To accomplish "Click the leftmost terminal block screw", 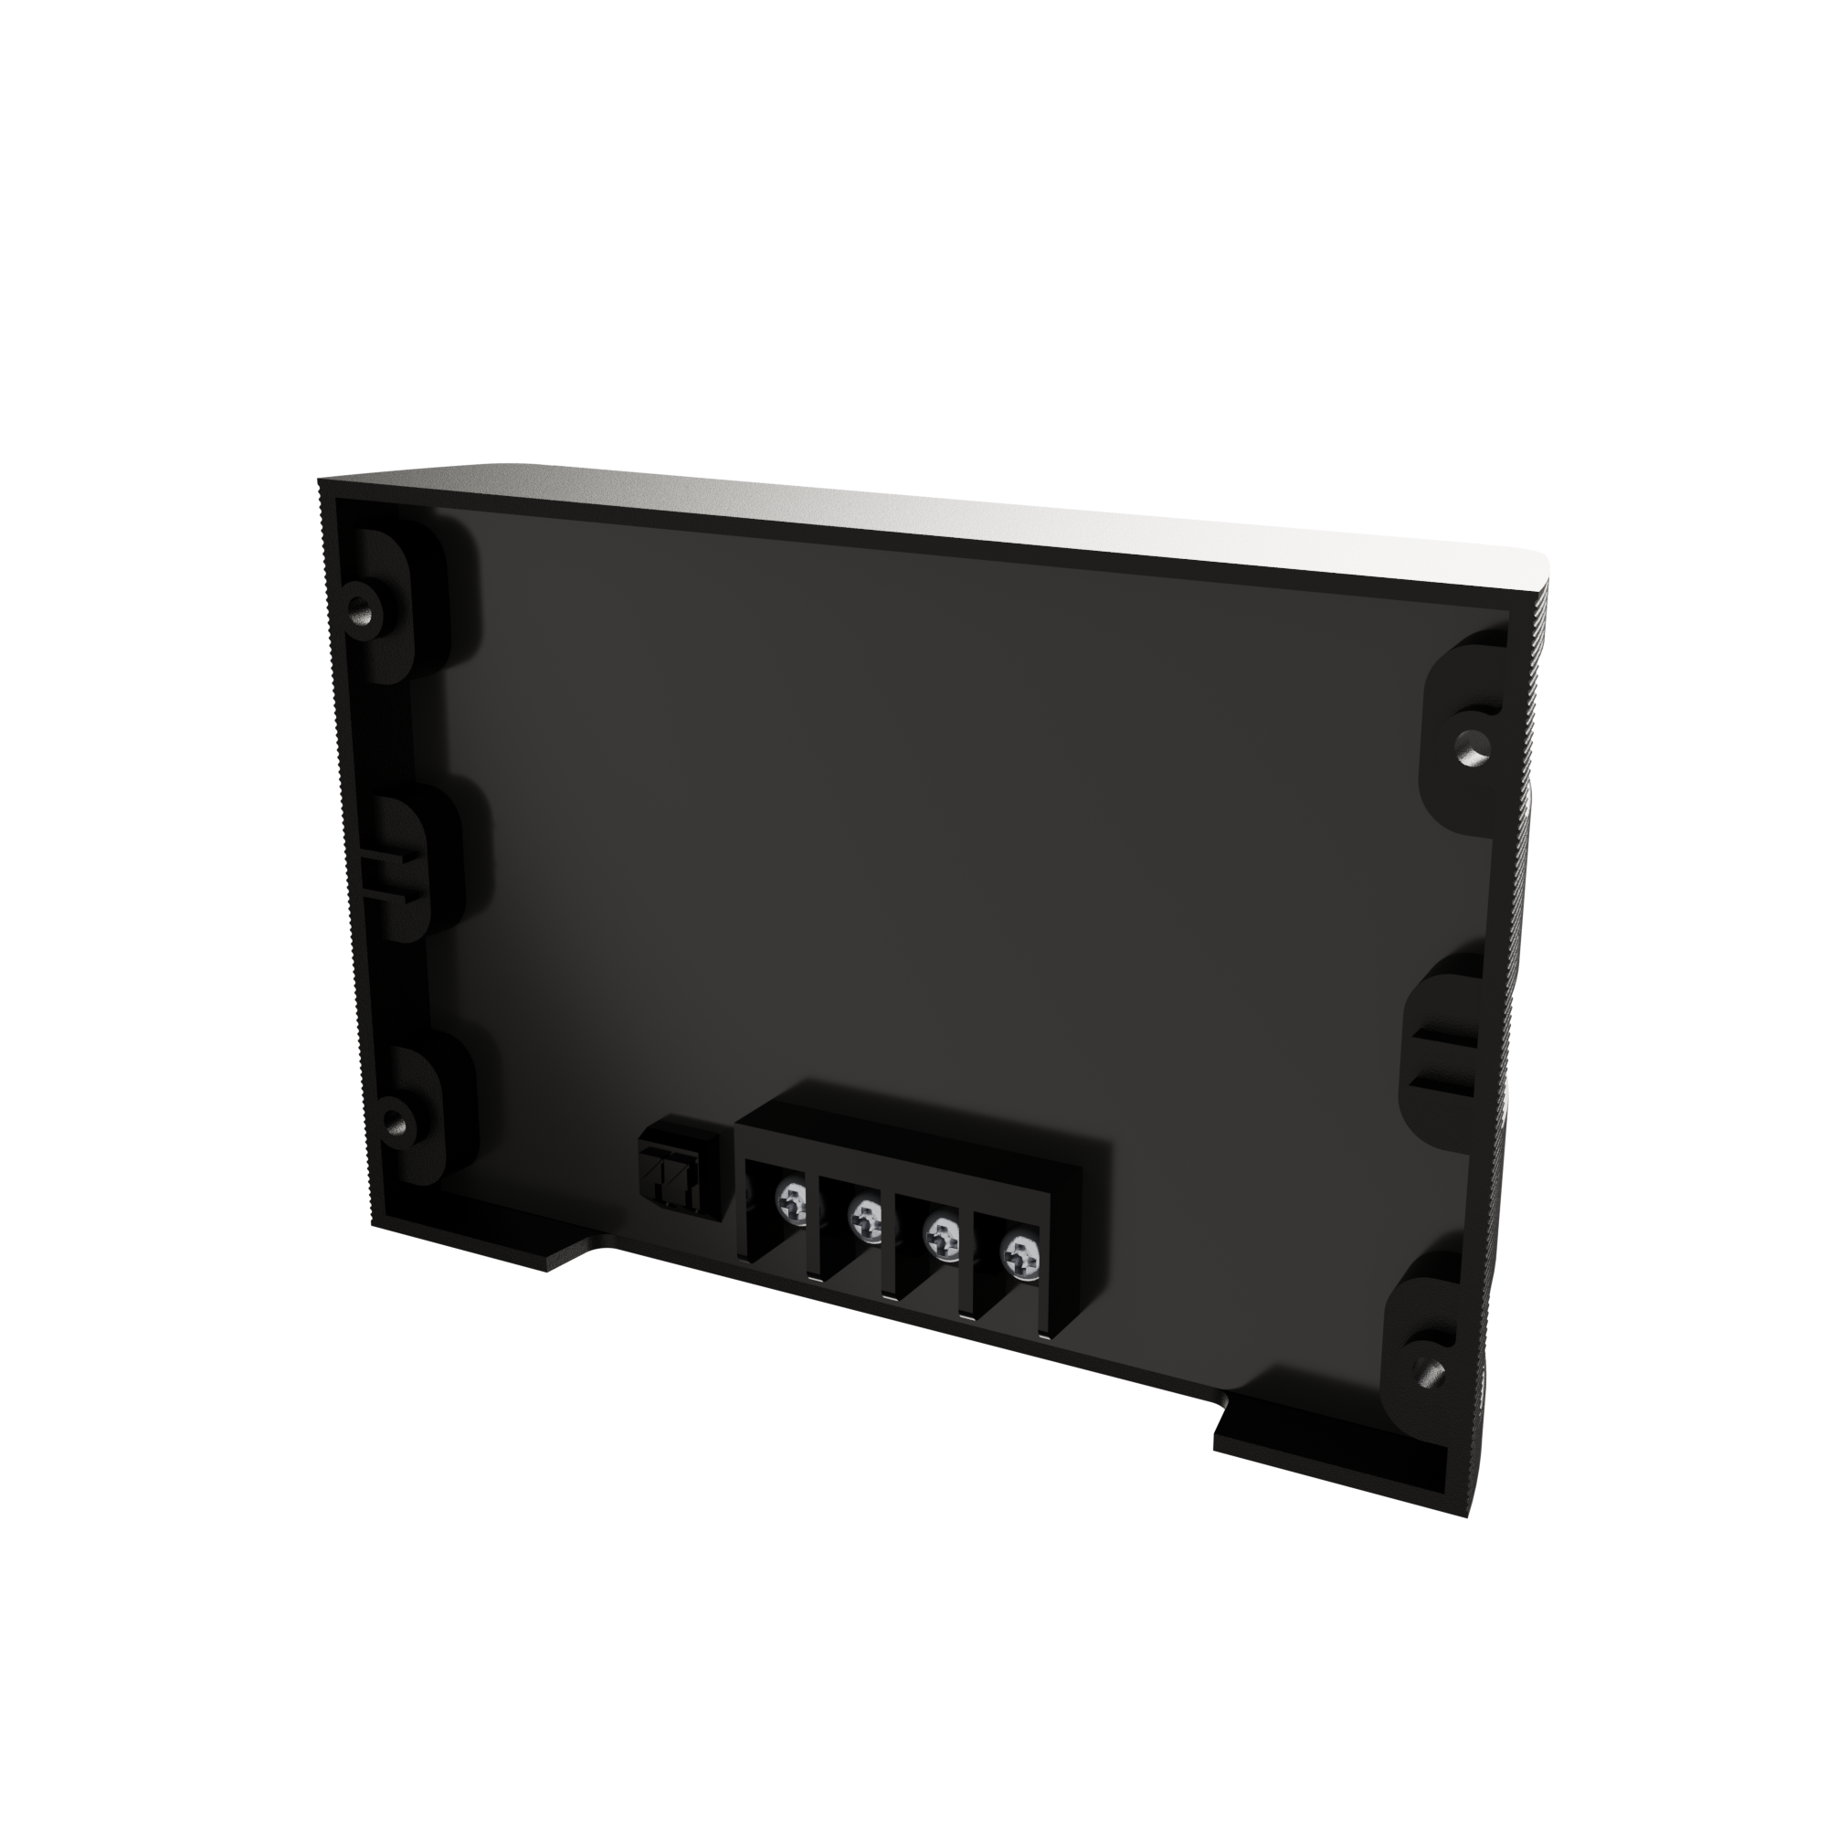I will coord(792,1204).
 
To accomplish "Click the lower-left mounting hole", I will coord(396,1124).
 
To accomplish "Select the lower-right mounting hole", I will coord(1427,1368).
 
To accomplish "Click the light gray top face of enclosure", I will coord(945,515).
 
